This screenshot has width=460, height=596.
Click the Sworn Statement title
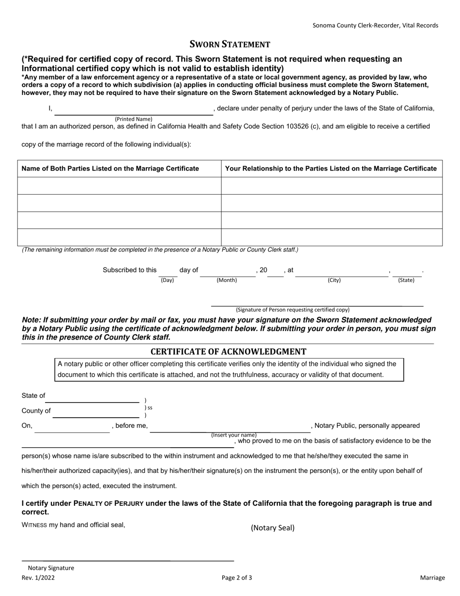click(230, 45)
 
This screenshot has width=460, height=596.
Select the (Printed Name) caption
click(133, 119)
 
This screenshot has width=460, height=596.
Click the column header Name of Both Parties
click(110, 169)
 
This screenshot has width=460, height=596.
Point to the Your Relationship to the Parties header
click(331, 169)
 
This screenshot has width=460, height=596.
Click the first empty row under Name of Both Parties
click(119, 186)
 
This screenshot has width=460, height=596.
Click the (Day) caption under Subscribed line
click(167, 280)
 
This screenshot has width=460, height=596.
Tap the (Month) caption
click(227, 280)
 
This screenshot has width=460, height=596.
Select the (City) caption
click(334, 280)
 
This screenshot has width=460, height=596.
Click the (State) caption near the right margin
click(406, 280)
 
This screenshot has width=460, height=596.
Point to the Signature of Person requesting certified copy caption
click(292, 310)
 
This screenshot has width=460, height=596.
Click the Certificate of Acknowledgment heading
click(228, 352)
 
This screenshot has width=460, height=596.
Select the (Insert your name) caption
click(234, 435)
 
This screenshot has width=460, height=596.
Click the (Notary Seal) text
click(272, 528)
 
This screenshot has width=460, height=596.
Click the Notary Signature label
click(51, 568)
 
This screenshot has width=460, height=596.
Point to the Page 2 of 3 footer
click(237, 578)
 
